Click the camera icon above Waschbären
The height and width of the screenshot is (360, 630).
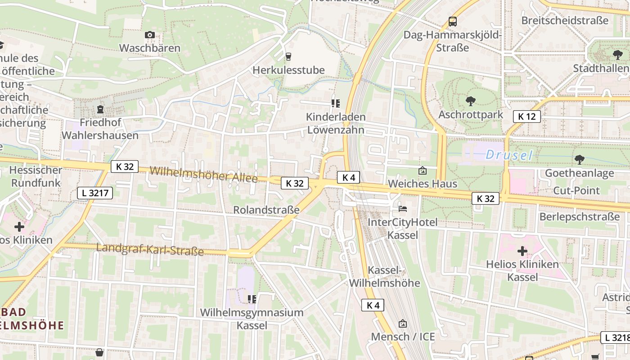(x=150, y=35)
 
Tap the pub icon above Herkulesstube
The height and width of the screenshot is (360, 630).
(x=288, y=56)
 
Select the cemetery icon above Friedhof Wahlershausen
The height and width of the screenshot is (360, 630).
(x=100, y=109)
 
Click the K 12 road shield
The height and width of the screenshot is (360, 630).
(x=526, y=117)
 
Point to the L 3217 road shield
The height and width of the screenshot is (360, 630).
(x=94, y=193)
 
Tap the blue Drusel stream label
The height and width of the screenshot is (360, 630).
(x=509, y=156)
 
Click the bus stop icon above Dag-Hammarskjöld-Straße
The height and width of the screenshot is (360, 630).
(x=452, y=22)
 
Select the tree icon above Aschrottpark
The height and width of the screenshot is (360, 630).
(x=471, y=101)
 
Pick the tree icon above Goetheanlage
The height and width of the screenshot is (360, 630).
(x=580, y=159)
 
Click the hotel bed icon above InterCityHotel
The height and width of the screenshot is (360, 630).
(x=403, y=208)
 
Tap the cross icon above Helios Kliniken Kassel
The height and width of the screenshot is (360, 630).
(x=522, y=251)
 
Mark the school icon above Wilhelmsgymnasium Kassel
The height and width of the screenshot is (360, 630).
(x=252, y=299)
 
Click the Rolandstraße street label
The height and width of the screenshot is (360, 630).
(x=266, y=210)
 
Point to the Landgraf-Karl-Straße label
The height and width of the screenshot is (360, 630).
(x=150, y=249)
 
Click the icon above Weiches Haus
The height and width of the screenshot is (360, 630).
(x=422, y=171)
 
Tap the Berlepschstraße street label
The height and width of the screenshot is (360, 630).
(x=580, y=216)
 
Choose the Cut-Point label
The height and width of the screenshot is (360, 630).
(x=576, y=190)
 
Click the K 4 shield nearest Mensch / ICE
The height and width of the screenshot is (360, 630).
(x=373, y=305)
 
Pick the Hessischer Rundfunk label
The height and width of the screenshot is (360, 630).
(x=36, y=176)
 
